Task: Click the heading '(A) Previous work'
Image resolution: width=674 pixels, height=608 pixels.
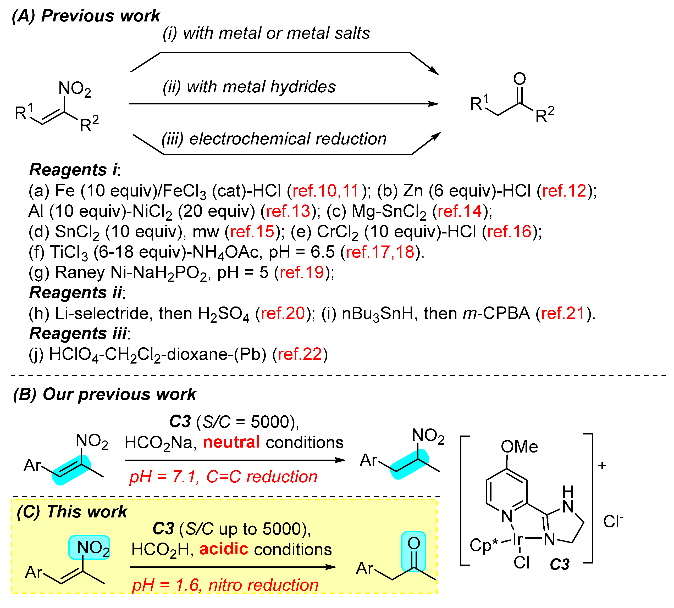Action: (86, 16)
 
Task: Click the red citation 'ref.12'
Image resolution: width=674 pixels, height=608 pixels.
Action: (564, 191)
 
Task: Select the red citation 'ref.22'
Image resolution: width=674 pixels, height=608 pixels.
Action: (300, 354)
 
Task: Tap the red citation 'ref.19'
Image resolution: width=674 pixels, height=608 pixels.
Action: (302, 272)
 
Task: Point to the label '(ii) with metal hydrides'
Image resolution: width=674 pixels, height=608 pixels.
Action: (249, 87)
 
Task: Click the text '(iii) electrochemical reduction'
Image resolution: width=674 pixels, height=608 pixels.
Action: (274, 139)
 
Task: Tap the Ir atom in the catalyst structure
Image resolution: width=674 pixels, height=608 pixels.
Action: (518, 539)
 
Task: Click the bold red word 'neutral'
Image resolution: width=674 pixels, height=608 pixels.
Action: (231, 442)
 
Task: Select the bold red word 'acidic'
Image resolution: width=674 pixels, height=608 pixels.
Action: (224, 549)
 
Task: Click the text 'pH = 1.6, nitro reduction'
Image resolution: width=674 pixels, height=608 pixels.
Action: (225, 585)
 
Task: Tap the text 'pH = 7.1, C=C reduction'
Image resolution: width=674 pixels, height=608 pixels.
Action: (223, 477)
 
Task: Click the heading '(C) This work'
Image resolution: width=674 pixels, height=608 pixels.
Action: (72, 512)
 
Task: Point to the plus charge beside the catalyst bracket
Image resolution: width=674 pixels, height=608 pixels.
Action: (602, 465)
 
